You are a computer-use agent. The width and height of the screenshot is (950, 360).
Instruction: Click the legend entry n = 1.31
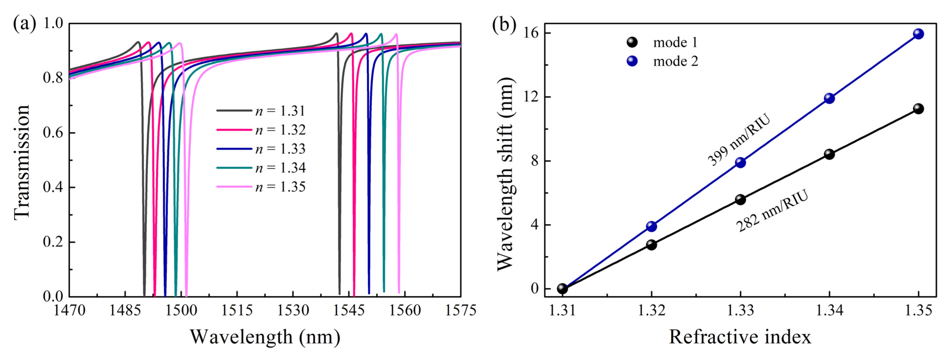point(280,111)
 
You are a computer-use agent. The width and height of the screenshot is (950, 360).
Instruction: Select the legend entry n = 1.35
point(280,187)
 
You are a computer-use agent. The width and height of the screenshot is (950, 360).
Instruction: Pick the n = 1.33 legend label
point(280,149)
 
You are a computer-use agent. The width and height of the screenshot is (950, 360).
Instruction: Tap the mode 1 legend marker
point(632,43)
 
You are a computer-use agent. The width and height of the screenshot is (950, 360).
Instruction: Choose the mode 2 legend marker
point(632,61)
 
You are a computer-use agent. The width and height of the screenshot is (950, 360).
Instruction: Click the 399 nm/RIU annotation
point(739,140)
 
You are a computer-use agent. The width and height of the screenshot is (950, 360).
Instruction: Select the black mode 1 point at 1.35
point(918,109)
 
